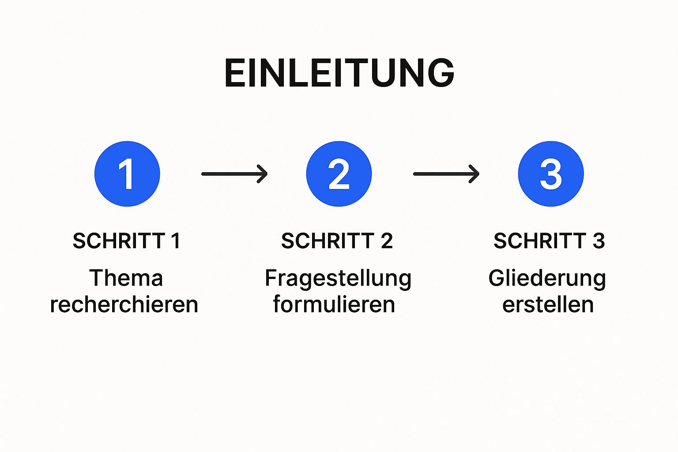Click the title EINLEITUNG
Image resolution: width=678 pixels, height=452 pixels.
[x=339, y=73]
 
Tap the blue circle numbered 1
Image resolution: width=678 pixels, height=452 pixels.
[x=127, y=174]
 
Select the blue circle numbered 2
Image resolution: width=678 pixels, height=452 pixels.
[x=339, y=174]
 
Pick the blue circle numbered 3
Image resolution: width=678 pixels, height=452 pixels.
[x=551, y=174]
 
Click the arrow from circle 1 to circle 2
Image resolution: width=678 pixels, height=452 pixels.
[x=234, y=174]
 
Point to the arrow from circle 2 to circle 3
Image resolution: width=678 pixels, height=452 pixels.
[x=446, y=174]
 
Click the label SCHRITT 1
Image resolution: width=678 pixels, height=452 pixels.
[x=126, y=241]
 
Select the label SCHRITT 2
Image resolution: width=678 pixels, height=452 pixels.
[x=337, y=241]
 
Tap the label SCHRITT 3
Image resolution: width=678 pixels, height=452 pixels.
[x=549, y=241]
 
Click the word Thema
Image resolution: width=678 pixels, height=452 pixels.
[x=126, y=278]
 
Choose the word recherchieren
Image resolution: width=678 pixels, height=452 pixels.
[x=124, y=305]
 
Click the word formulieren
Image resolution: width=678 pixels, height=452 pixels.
[x=334, y=305]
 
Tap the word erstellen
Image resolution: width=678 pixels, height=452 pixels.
[x=548, y=305]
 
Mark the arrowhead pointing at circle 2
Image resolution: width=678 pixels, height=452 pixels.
[x=264, y=174]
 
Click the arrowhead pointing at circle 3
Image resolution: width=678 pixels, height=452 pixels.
[x=475, y=174]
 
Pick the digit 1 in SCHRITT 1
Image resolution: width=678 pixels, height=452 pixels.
[x=176, y=241]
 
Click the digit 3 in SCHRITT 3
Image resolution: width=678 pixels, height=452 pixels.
[x=599, y=241]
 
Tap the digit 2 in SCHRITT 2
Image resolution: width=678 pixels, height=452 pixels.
[x=387, y=241]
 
